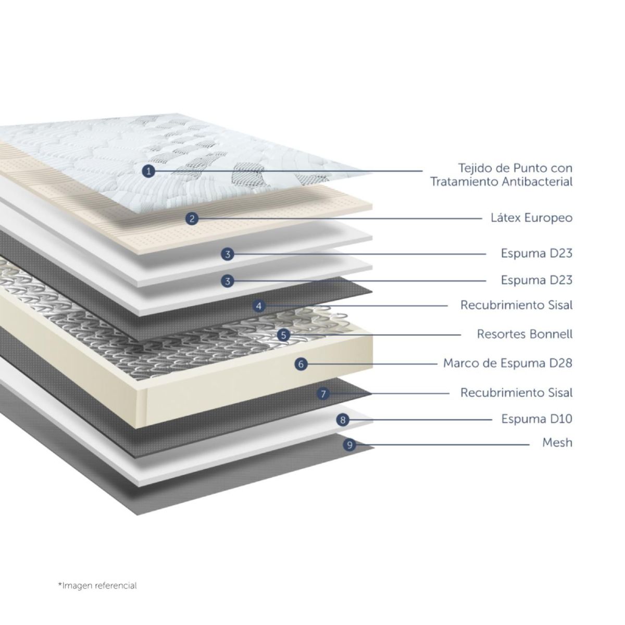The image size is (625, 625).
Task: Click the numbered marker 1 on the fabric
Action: [x=148, y=171]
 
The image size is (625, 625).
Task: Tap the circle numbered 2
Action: [x=192, y=219]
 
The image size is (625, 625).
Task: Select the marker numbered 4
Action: [x=259, y=306]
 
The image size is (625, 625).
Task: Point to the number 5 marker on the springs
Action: [x=284, y=335]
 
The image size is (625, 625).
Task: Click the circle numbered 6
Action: [x=301, y=364]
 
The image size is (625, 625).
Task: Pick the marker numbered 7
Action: [x=323, y=394]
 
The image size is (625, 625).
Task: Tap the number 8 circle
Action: [x=343, y=420]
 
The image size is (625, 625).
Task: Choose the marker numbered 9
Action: [x=349, y=445]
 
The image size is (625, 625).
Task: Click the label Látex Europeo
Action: [x=532, y=218]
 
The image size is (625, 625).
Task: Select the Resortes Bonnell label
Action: [x=525, y=334]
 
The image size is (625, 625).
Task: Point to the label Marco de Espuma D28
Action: [x=508, y=363]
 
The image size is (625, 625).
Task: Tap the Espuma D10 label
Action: [x=537, y=419]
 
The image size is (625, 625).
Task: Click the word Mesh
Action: [x=557, y=442]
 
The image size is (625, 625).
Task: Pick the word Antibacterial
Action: [x=537, y=182]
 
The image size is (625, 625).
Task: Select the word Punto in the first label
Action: [x=530, y=168]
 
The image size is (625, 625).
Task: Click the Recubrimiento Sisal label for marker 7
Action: [x=517, y=393]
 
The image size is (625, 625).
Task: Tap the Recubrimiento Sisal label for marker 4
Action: [x=517, y=305]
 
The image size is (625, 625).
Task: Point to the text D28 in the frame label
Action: [x=561, y=363]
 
